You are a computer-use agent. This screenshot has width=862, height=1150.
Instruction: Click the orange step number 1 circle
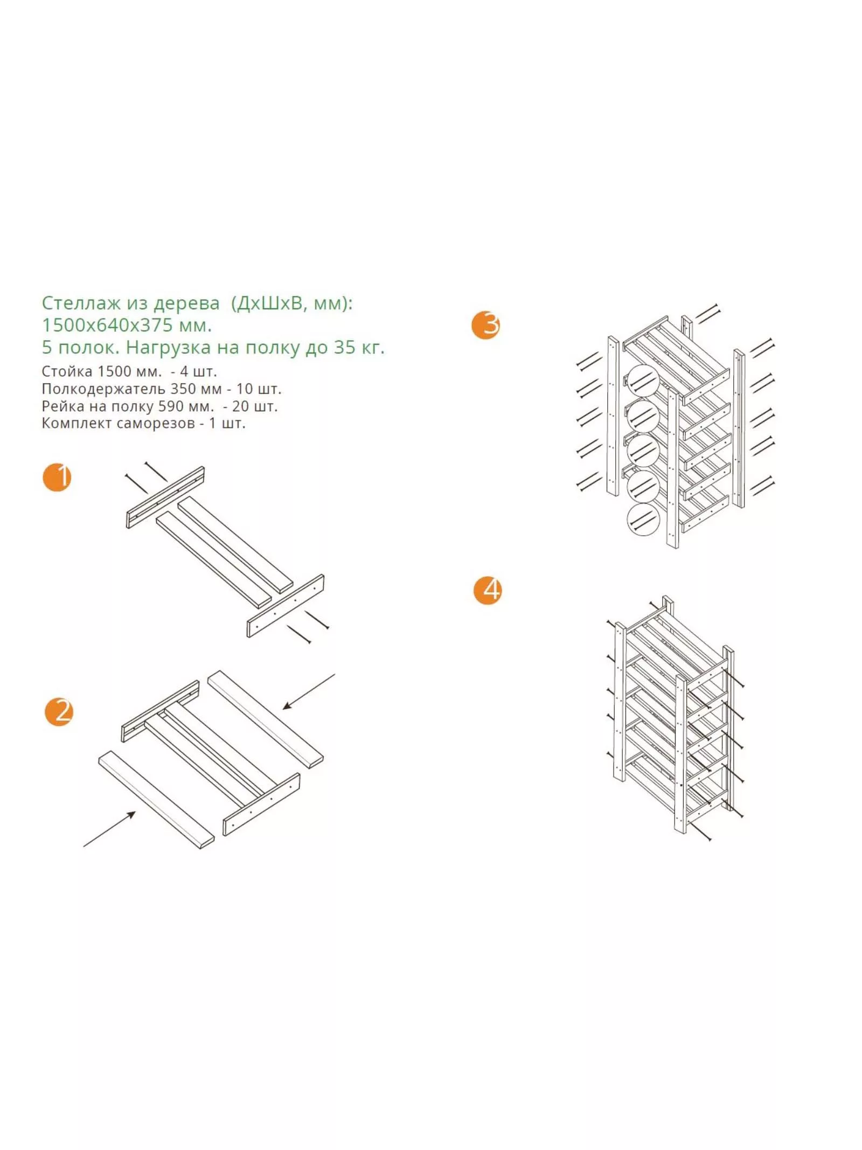(57, 477)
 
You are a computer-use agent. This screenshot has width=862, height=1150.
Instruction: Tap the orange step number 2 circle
(59, 711)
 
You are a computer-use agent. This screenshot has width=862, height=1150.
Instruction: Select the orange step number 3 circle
(485, 325)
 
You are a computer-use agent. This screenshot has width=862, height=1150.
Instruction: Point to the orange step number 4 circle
(488, 590)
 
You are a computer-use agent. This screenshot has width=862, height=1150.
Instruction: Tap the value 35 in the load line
(344, 347)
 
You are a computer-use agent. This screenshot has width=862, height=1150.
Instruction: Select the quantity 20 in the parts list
(240, 406)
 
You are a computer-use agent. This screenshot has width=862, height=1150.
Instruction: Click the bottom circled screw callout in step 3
(643, 519)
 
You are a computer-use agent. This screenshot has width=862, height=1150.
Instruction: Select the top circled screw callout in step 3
(643, 380)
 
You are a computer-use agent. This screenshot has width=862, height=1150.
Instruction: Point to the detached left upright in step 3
(613, 417)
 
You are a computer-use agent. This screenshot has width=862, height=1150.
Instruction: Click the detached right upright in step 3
(739, 429)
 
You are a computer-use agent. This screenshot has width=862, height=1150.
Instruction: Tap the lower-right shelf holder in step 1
(286, 606)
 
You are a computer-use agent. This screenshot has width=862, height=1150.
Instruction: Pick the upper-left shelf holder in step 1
(165, 497)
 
